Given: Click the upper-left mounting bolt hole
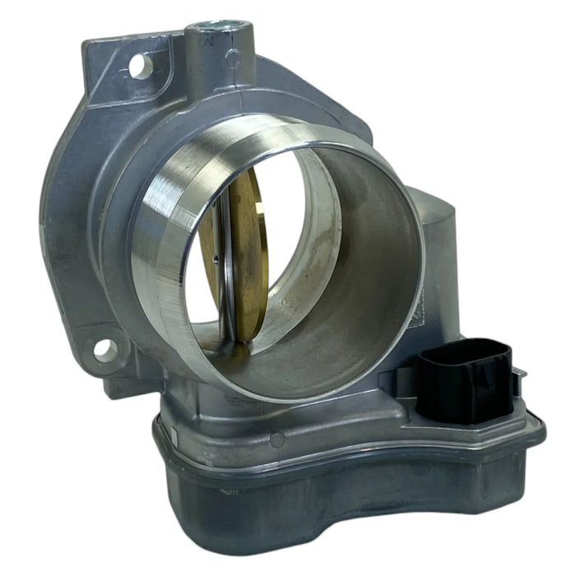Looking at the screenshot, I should point(142,65).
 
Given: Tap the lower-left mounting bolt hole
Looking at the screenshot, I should point(105,350).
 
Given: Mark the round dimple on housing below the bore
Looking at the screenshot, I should point(277,439).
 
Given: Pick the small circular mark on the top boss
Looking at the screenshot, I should point(233,58).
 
